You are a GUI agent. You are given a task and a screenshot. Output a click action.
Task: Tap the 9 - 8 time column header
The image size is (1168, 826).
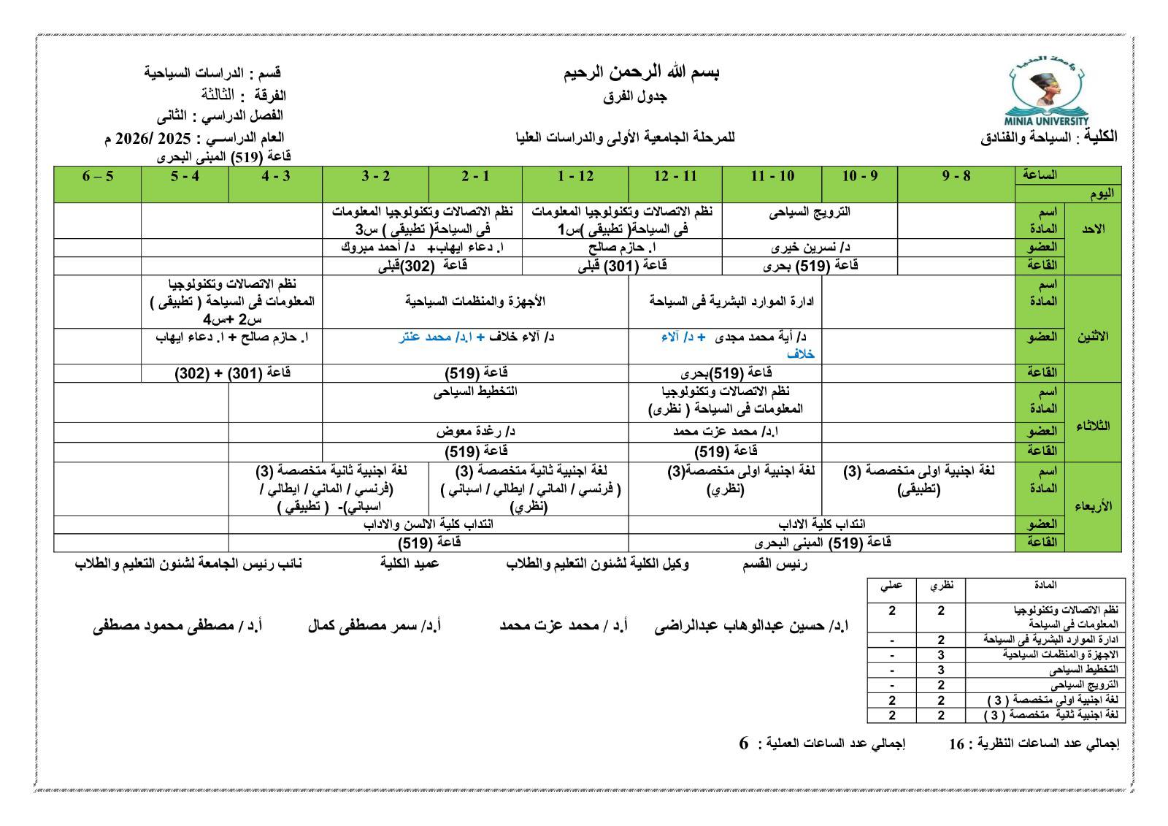956,176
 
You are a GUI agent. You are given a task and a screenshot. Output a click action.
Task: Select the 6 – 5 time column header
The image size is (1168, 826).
98,176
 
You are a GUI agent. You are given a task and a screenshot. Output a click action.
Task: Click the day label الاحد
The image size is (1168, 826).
1093,229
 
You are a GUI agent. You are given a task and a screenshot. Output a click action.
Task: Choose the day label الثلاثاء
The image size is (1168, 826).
1093,427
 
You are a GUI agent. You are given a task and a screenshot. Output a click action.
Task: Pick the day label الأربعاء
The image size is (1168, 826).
1093,505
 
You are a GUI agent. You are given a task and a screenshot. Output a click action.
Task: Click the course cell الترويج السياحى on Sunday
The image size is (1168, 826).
810,213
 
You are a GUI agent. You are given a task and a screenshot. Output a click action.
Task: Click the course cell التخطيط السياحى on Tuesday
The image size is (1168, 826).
475,391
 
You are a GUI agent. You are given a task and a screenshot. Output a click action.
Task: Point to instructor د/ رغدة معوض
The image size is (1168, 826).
475,432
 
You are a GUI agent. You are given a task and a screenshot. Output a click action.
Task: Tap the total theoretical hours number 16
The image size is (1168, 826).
956,744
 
